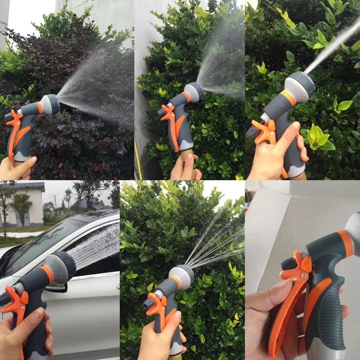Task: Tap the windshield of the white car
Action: click(40, 245)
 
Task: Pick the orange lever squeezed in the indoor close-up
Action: click(284, 306)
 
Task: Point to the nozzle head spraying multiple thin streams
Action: click(182, 277)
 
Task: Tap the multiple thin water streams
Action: click(216, 241)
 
